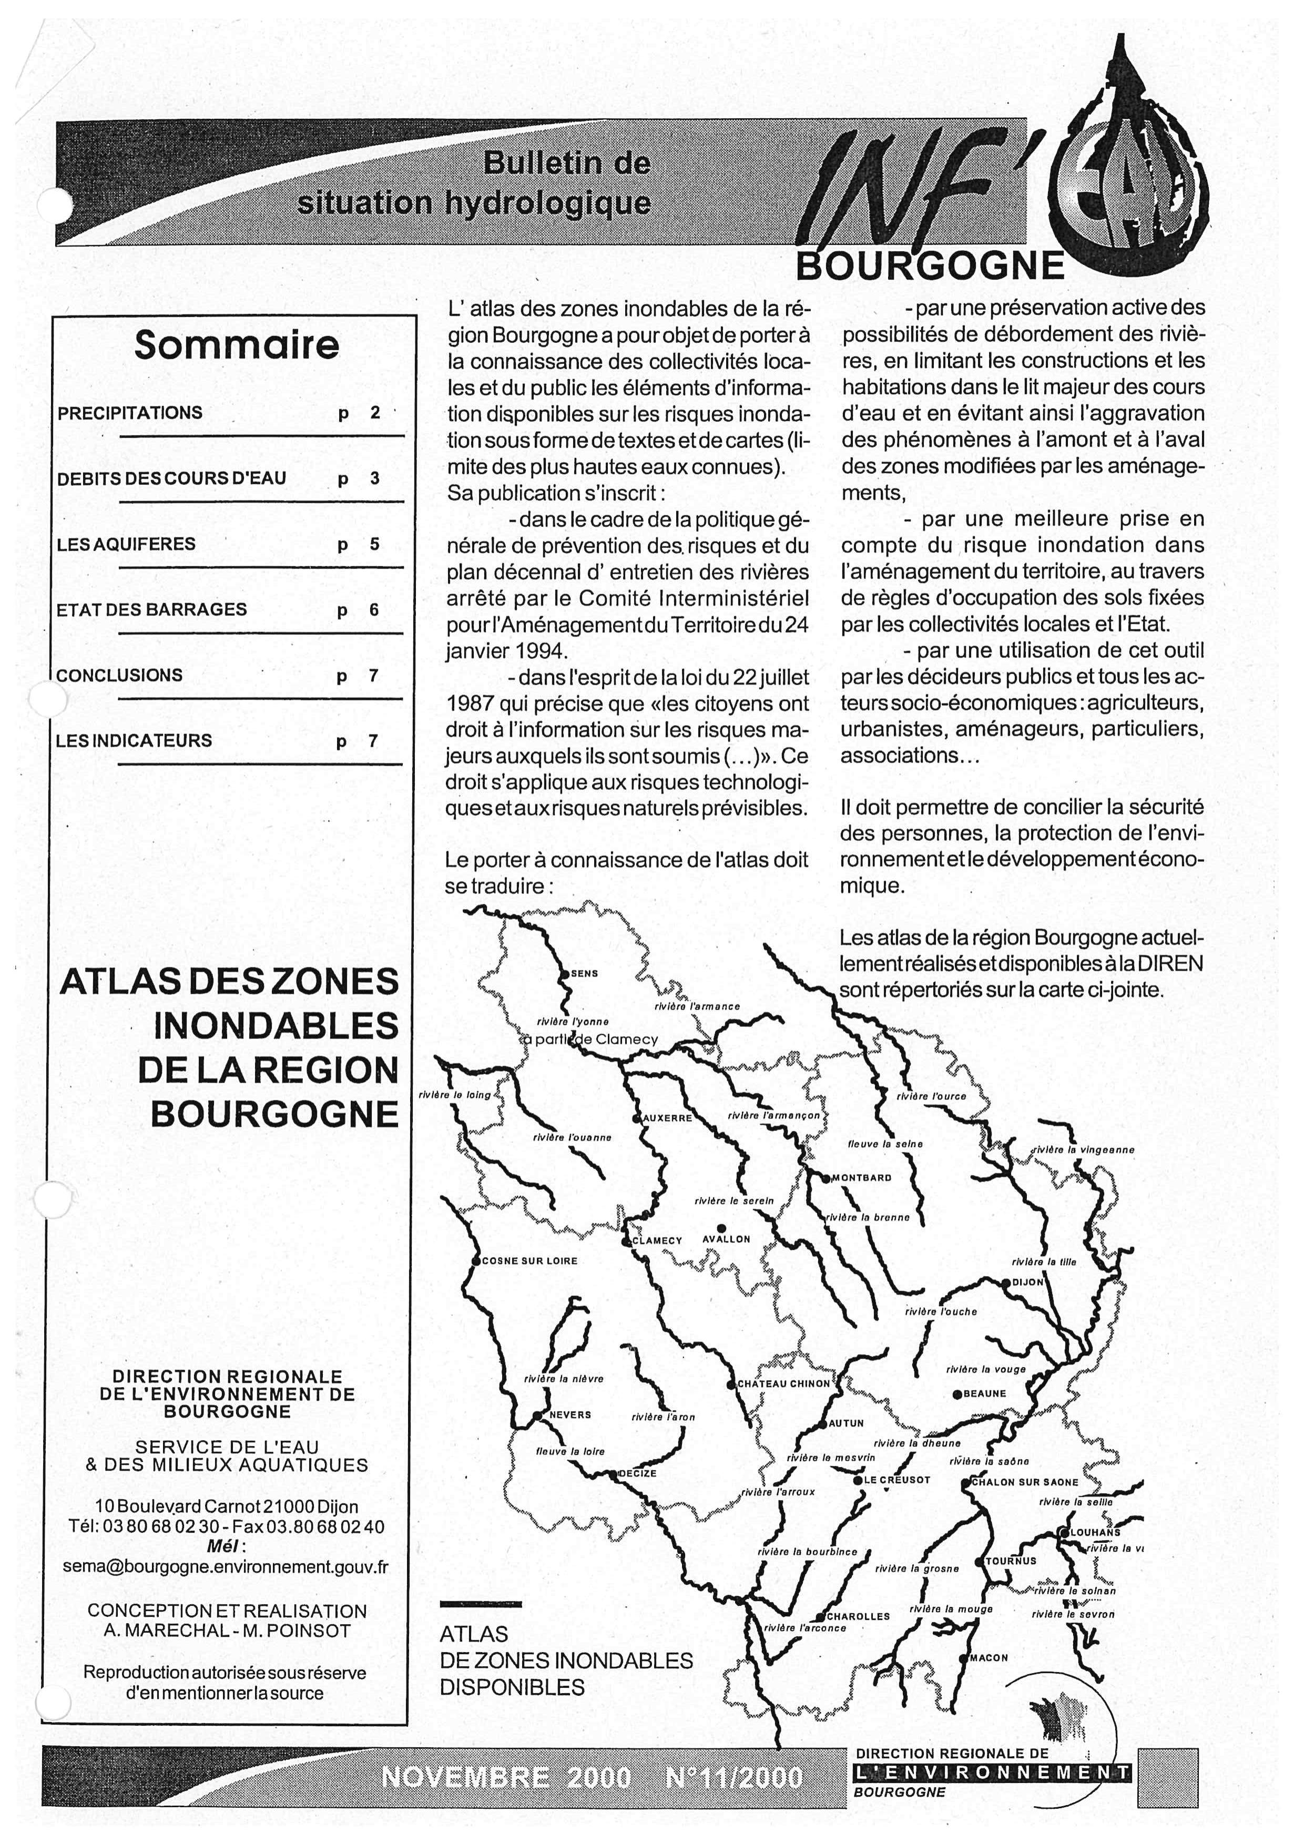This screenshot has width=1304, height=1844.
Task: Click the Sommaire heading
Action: coord(236,345)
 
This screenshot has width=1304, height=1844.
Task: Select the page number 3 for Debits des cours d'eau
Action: coord(374,478)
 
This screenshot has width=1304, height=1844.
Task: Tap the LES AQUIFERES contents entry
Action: coord(126,545)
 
